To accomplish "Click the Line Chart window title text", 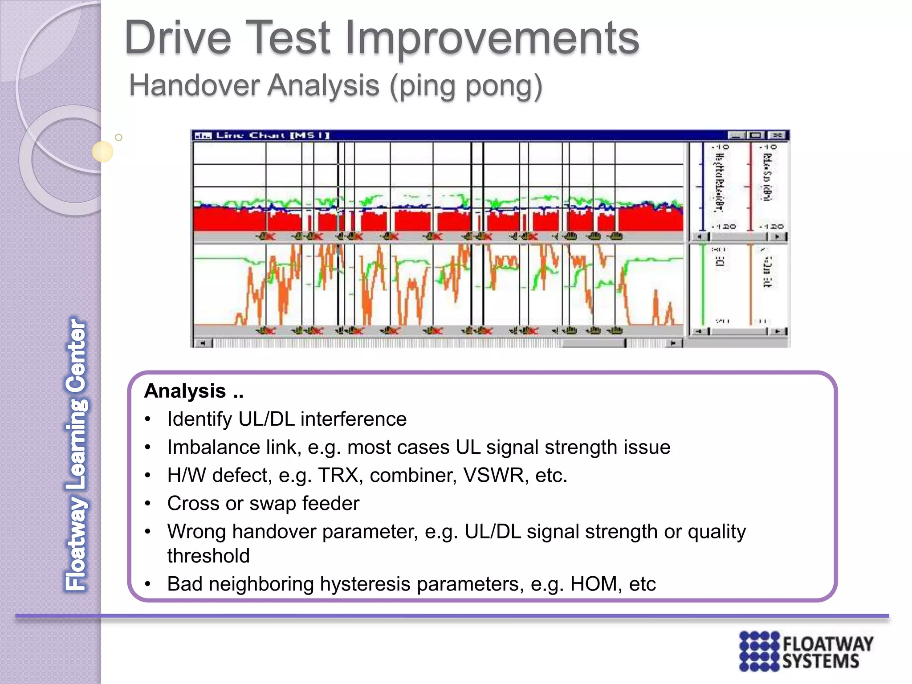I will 272,135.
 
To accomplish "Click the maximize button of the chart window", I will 756,135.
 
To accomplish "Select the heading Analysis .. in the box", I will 194,391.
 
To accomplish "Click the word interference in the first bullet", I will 353,419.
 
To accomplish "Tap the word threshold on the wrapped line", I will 208,556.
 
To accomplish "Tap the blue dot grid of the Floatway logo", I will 759,651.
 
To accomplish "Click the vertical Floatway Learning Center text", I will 76,454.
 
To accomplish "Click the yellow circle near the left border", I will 102,151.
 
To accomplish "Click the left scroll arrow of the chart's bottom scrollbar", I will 203,343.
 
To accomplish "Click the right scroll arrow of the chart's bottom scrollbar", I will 673,343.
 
